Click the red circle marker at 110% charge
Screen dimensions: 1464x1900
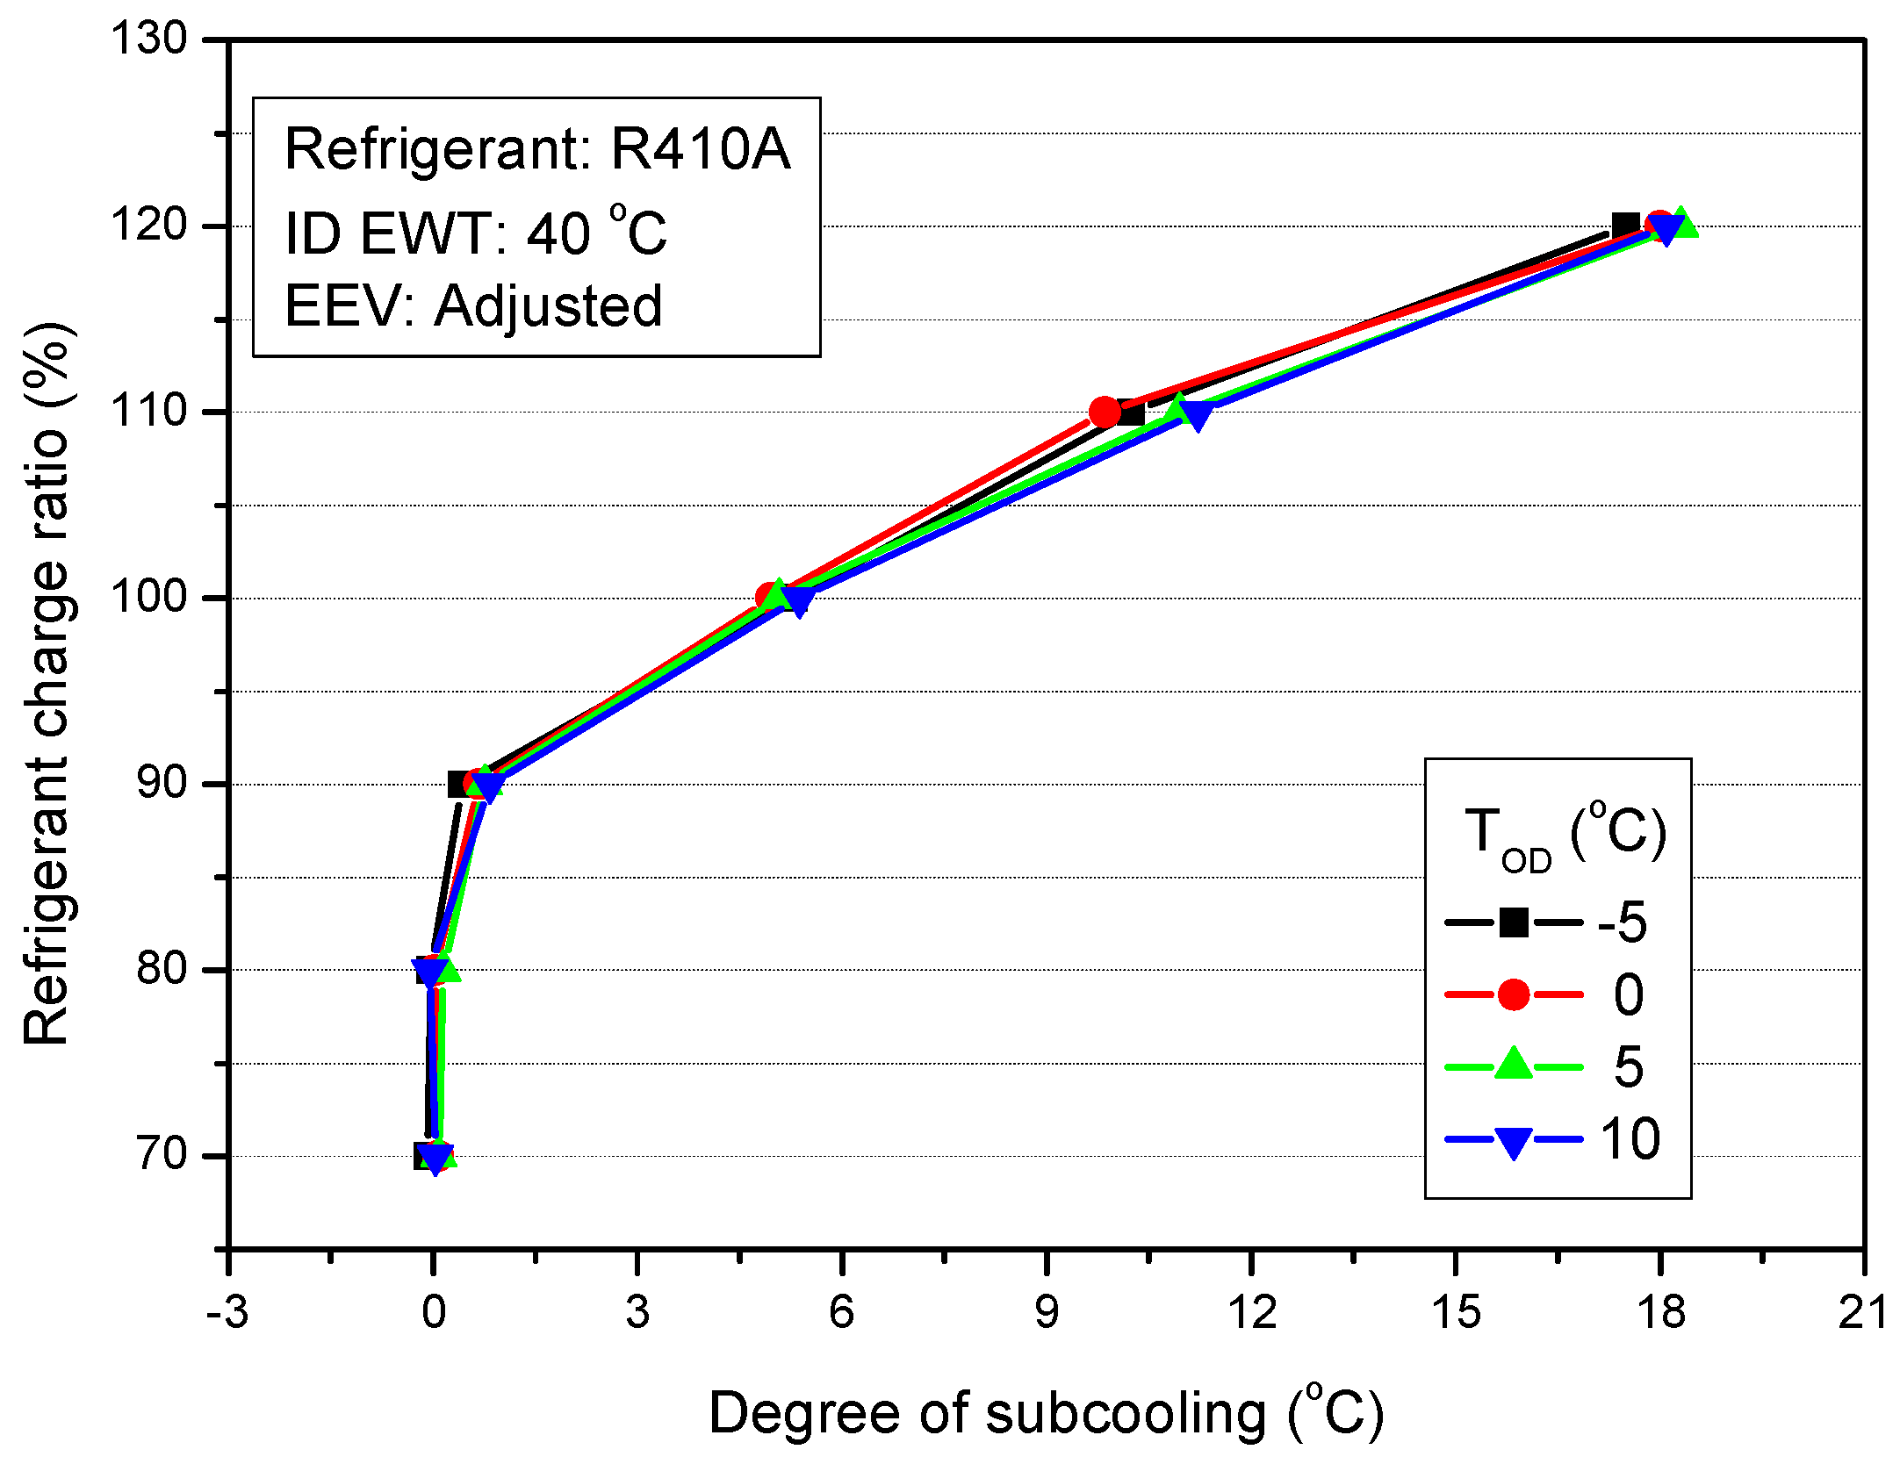pyautogui.click(x=1105, y=411)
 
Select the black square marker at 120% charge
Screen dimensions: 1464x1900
pyautogui.click(x=1625, y=226)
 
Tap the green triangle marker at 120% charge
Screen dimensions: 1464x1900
pyautogui.click(x=1680, y=223)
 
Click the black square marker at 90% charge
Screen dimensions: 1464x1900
pyautogui.click(x=459, y=784)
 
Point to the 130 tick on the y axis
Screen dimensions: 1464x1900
pyautogui.click(x=149, y=39)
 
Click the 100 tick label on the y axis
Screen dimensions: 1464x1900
pyautogui.click(x=149, y=598)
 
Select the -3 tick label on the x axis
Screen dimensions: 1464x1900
pyautogui.click(x=227, y=1313)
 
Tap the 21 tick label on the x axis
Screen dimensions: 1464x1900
pyautogui.click(x=1862, y=1313)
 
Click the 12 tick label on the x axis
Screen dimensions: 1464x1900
pyautogui.click(x=1251, y=1313)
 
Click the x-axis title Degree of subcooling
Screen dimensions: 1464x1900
pyautogui.click(x=1045, y=1413)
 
